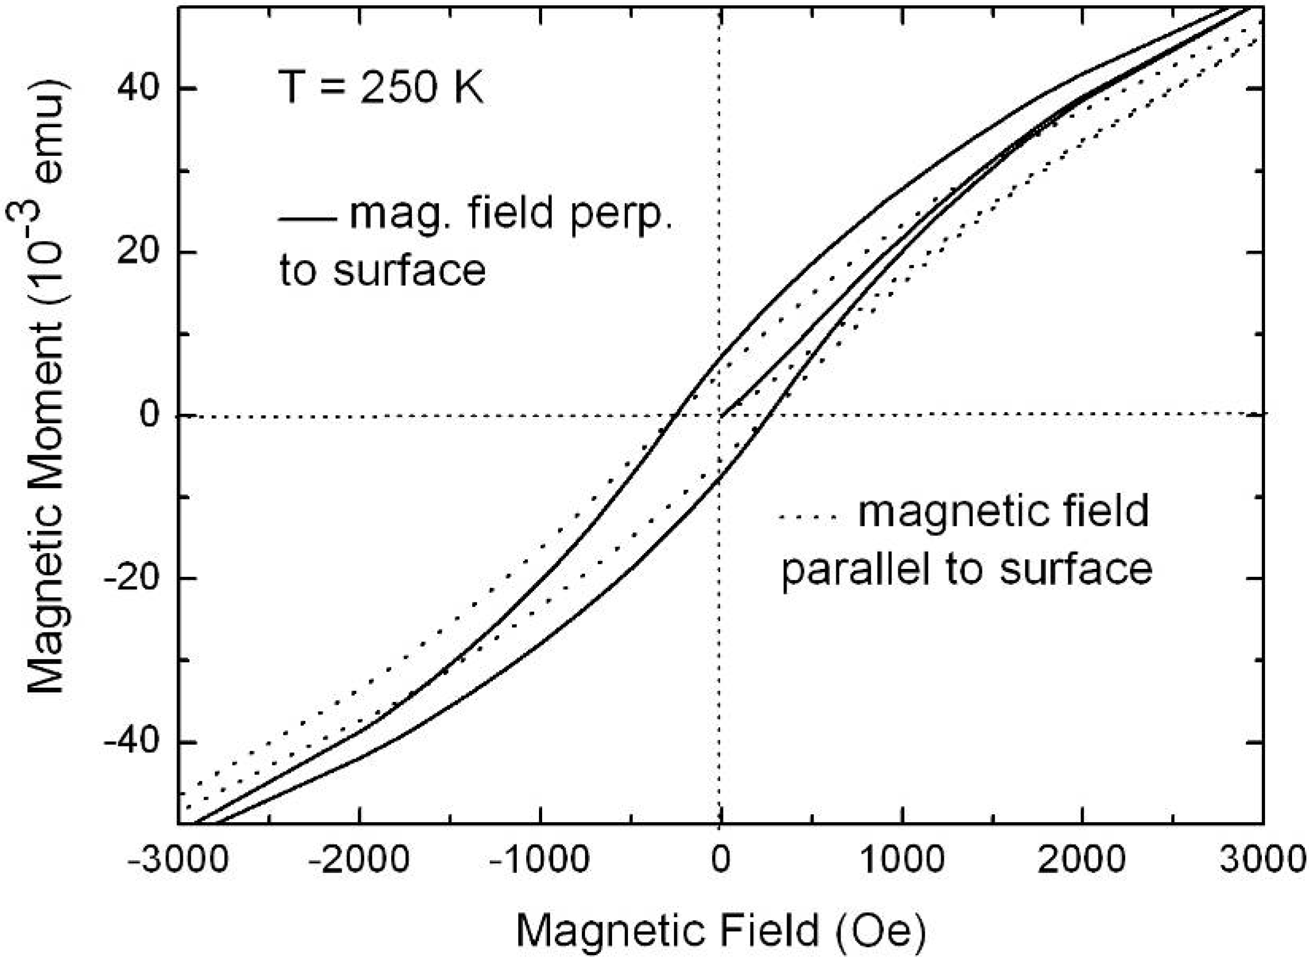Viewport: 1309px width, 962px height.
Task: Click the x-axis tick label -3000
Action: click(177, 860)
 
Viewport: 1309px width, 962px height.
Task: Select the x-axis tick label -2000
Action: click(358, 860)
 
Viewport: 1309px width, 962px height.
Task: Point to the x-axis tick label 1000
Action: click(901, 860)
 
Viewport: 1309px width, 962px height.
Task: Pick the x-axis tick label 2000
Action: click(1082, 860)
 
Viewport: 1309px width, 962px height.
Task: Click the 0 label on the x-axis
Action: click(721, 860)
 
